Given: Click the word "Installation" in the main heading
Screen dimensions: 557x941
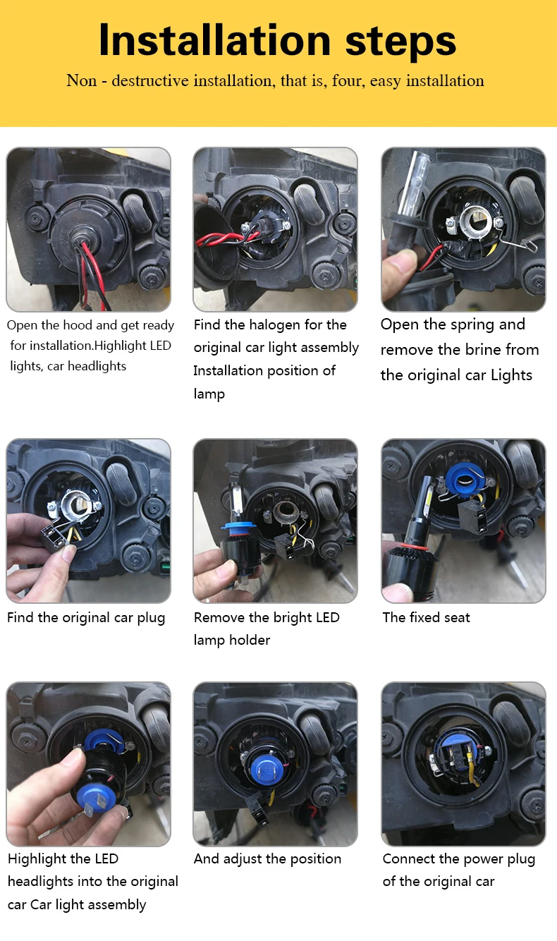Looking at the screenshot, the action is (215, 40).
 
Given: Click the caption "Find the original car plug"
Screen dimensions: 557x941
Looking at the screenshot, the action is (86, 618).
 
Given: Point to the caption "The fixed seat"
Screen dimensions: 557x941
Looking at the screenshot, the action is (426, 617).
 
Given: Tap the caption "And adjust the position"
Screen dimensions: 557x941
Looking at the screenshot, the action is (267, 858).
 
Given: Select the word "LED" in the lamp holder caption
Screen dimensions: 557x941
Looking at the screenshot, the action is (327, 617).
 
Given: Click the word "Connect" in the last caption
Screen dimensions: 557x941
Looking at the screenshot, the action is (409, 858).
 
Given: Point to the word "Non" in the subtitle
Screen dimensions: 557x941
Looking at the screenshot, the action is (81, 80).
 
